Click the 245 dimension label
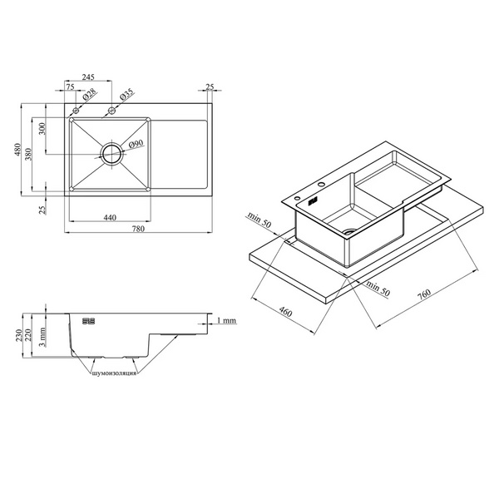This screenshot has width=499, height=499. click(88, 77)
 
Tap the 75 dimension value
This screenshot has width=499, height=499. click(70, 86)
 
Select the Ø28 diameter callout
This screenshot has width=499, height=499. click(89, 95)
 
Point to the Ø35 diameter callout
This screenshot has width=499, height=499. click(126, 95)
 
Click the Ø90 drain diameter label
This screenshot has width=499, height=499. click(136, 144)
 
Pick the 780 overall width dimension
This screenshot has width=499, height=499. click(138, 229)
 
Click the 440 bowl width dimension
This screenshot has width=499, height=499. click(110, 217)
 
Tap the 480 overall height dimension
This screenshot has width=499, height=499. click(17, 150)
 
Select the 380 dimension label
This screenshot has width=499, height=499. click(28, 154)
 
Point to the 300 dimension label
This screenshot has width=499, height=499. click(42, 129)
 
